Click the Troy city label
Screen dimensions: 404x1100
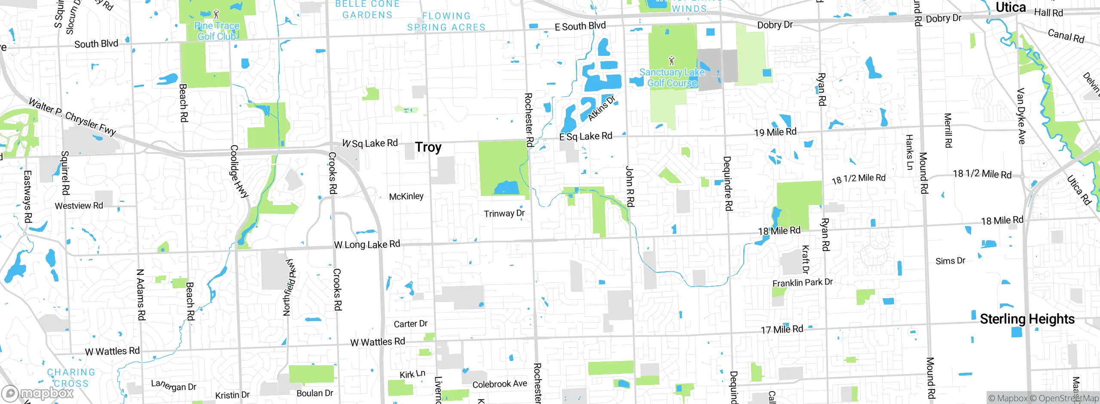[428, 147]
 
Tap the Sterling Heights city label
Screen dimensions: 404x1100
[1027, 319]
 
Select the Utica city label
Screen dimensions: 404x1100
[1011, 7]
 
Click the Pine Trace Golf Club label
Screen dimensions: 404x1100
[217, 31]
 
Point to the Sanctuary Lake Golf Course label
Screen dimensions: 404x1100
[672, 78]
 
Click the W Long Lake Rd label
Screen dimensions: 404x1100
[367, 245]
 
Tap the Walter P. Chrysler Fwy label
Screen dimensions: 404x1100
[72, 117]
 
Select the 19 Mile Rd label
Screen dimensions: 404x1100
[775, 132]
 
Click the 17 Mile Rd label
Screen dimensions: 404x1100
[782, 330]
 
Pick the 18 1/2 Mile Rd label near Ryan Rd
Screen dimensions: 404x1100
[859, 178]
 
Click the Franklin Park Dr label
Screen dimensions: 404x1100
[802, 282]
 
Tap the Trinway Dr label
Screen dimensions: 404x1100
[504, 213]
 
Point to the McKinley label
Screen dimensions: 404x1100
[406, 196]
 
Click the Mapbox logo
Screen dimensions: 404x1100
[38, 393]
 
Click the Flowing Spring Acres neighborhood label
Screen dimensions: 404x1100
[446, 21]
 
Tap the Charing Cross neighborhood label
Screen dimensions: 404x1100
[71, 378]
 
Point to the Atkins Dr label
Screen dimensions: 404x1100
[602, 108]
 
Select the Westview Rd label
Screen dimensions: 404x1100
[79, 206]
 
